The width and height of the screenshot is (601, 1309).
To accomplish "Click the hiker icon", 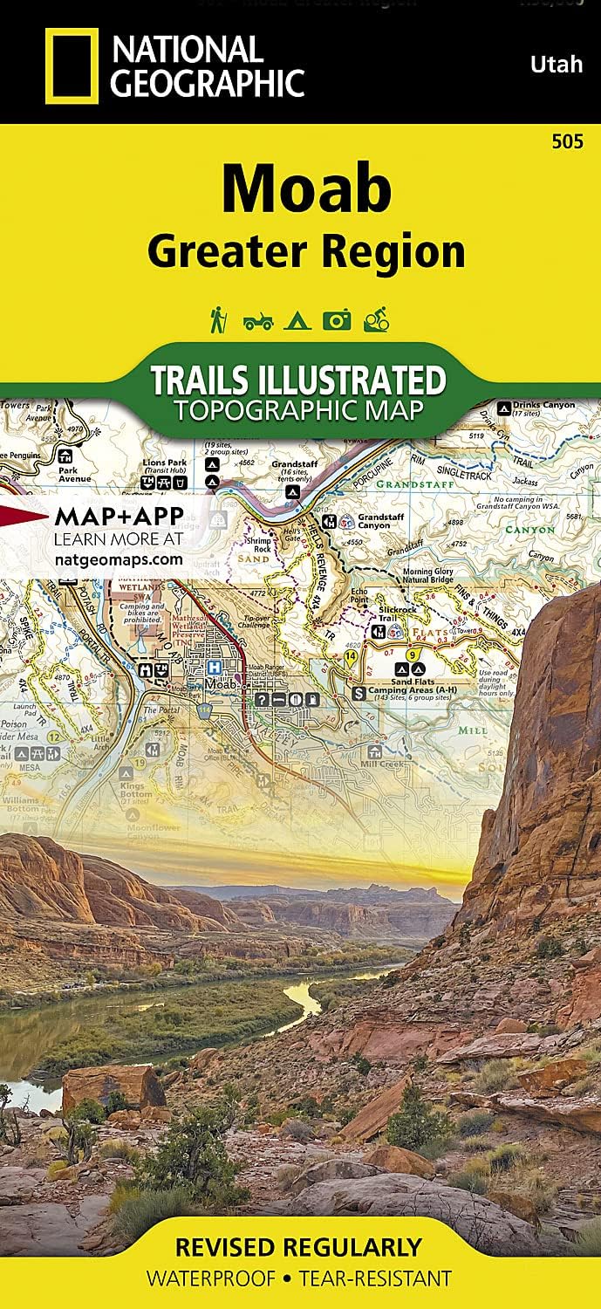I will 219,320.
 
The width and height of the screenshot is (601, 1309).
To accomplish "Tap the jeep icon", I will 258,322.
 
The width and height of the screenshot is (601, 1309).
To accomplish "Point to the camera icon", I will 336,321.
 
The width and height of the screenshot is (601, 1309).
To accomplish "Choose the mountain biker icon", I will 376,320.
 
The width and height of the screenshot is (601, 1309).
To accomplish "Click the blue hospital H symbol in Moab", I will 212,666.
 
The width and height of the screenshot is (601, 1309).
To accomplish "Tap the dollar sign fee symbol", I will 358,693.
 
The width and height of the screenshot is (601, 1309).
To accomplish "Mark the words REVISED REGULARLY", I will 299,1247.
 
